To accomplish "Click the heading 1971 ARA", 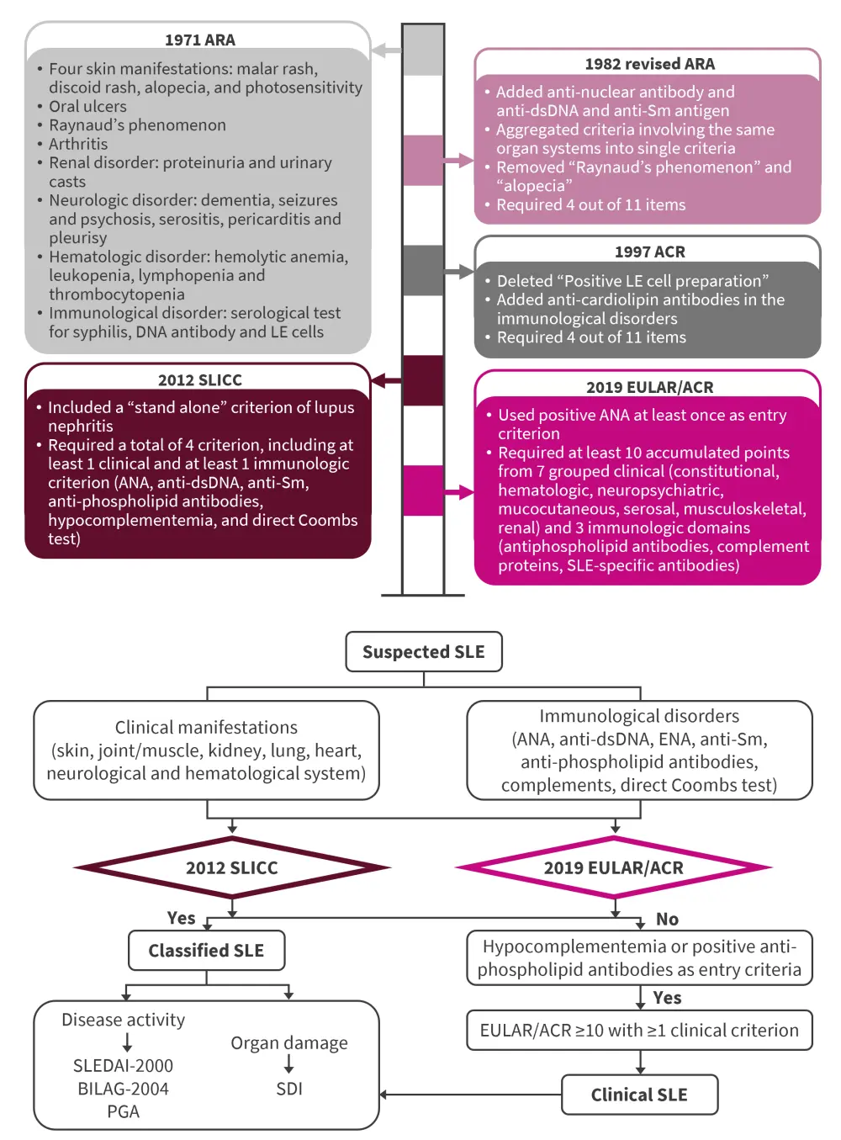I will [199, 40].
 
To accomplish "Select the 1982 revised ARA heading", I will [649, 64].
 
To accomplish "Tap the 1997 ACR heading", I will [649, 252].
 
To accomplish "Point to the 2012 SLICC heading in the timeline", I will [199, 379].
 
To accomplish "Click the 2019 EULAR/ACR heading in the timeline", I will [649, 387].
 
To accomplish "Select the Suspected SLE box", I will [424, 652].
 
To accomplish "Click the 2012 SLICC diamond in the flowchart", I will [231, 867].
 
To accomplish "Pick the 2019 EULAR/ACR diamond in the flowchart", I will [613, 867].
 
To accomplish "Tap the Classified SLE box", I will [206, 951].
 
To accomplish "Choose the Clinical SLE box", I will [639, 1095].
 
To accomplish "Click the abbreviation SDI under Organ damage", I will [289, 1089].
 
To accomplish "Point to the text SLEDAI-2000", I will [123, 1066].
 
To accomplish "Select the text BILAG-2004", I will [123, 1089].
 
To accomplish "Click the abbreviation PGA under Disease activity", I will [123, 1111].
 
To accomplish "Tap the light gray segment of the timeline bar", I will [423, 50].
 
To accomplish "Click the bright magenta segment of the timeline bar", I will [423, 490].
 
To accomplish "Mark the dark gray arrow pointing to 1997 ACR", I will [459, 272].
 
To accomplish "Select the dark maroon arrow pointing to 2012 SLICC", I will [386, 381].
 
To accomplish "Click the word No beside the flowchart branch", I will [667, 919].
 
